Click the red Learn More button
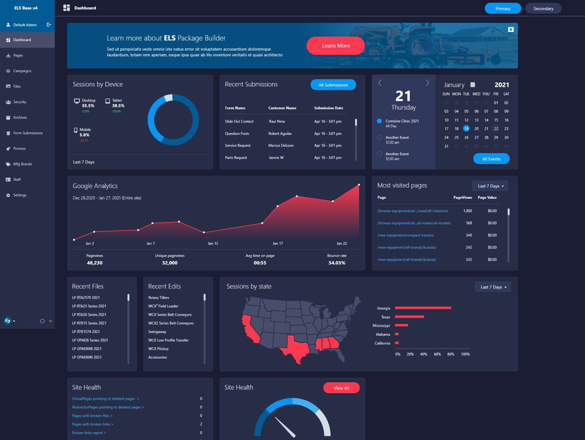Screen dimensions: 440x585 [x=335, y=46]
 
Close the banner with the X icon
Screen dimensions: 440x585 [x=510, y=29]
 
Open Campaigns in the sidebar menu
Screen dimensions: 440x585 [x=22, y=71]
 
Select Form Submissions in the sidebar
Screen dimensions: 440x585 [x=28, y=133]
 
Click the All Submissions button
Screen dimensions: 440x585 [x=333, y=85]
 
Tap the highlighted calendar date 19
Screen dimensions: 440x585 [x=466, y=129]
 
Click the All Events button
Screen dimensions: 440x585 [x=491, y=159]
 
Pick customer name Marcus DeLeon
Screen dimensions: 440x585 [x=281, y=146]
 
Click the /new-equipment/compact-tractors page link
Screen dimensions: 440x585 [x=405, y=235]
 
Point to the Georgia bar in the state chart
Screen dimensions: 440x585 [x=423, y=308]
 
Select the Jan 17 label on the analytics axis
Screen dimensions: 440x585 [x=277, y=243]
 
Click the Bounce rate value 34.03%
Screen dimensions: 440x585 [x=337, y=263]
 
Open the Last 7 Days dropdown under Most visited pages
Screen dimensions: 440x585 [x=490, y=186]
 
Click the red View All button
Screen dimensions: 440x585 [x=341, y=388]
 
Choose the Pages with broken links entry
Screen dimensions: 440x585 [x=92, y=424]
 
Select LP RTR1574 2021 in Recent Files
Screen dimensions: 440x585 [x=86, y=332]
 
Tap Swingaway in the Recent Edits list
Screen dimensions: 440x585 [x=157, y=332]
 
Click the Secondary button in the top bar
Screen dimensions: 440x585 [x=543, y=8]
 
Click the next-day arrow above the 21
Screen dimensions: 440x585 [x=427, y=83]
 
